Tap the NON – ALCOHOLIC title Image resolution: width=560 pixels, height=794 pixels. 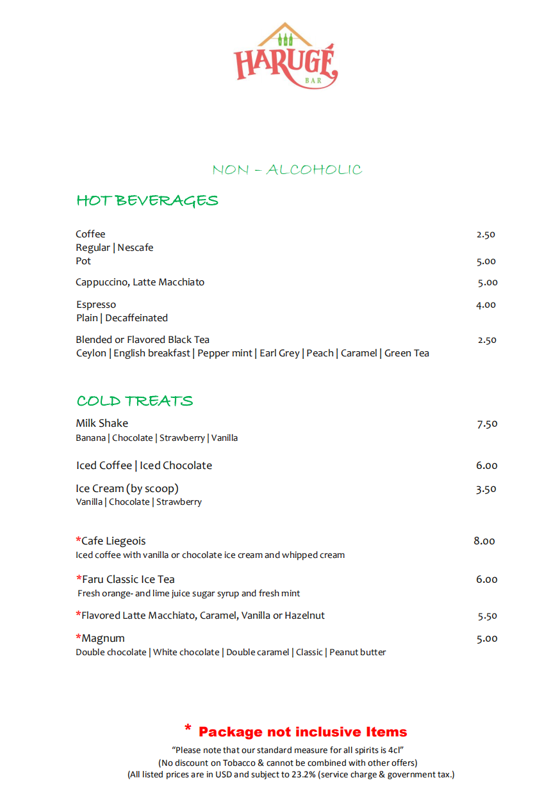tap(287, 170)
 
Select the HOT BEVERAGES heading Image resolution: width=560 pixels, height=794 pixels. tap(147, 201)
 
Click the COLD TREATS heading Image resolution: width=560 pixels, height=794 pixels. tap(135, 401)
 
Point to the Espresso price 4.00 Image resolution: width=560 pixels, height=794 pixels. tap(486, 305)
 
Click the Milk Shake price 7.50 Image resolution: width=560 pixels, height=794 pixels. tap(487, 424)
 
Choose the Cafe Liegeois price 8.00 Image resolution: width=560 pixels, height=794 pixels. tap(484, 541)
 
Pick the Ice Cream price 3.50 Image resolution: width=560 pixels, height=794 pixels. tap(486, 489)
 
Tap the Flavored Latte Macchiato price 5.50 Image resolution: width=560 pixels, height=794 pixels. tap(488, 616)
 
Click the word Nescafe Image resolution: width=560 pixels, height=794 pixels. tap(135, 248)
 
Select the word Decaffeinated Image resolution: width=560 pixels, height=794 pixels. tap(136, 318)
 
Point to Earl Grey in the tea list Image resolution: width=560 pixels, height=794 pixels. tap(279, 353)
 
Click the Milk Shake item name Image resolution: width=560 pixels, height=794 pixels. tap(102, 424)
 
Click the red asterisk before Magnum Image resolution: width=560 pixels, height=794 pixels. tap(79, 638)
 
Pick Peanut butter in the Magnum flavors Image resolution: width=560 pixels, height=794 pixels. tap(358, 653)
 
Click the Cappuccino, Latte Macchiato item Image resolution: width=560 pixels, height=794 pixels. tap(140, 282)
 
